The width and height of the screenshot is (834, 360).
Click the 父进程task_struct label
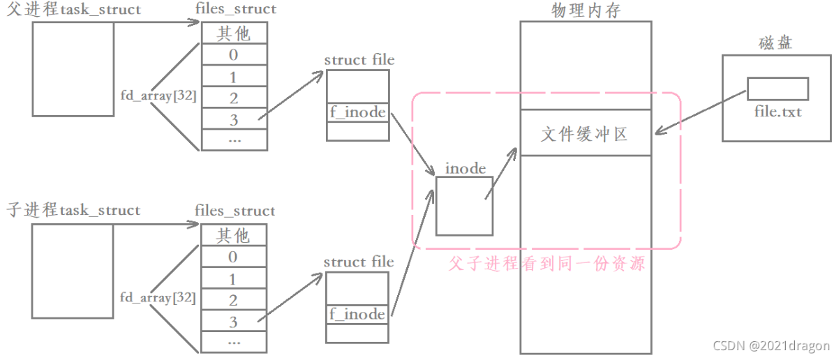[73, 10]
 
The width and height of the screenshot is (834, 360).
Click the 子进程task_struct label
[73, 210]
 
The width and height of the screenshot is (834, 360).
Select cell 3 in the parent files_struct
[234, 120]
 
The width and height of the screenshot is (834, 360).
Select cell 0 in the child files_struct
[233, 257]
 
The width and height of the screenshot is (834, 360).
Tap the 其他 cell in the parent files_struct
[234, 33]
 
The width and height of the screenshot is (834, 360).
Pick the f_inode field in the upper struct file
[357, 112]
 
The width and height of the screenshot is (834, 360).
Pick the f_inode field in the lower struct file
[357, 314]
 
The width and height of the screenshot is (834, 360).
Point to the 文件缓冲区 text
[585, 133]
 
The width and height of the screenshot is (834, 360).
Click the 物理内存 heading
[585, 10]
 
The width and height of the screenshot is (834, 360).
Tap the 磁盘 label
[775, 43]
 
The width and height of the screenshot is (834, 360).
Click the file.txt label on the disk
[777, 111]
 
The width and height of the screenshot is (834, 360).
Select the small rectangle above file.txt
[777, 89]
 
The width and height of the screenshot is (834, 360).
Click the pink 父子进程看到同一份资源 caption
[546, 264]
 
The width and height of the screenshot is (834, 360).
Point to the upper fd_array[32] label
[158, 96]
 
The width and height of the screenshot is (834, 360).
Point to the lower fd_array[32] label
[158, 297]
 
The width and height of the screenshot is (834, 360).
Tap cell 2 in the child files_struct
[233, 301]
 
